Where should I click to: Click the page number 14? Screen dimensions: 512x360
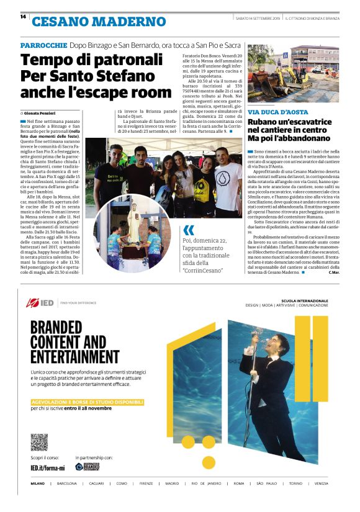[x=23, y=17]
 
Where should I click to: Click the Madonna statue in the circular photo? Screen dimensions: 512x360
[x=133, y=229]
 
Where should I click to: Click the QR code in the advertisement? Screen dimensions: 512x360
[x=38, y=442]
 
